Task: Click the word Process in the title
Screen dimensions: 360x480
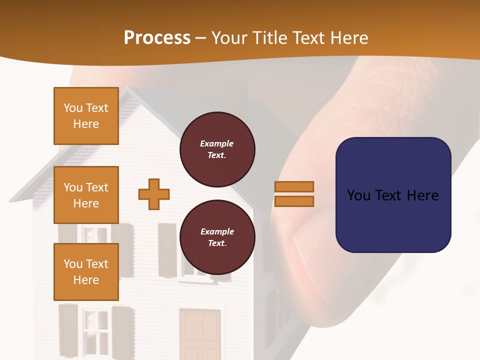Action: tap(157, 37)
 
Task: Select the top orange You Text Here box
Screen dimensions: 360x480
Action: tap(86, 116)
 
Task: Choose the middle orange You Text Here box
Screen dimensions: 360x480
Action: tap(86, 195)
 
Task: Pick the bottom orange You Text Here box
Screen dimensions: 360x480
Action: tap(86, 272)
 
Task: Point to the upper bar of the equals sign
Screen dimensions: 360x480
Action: tap(294, 186)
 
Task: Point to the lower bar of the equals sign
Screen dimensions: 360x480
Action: tap(294, 201)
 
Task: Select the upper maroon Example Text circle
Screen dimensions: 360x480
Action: tap(217, 149)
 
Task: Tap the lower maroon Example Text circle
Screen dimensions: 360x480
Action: tap(217, 237)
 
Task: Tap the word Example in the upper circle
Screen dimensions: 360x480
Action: tap(217, 143)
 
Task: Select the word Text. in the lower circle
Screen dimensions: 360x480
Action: tap(217, 243)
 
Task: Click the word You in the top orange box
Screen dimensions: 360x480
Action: tap(72, 108)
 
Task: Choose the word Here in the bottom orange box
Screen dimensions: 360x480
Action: tap(86, 280)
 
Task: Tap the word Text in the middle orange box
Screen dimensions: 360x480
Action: tap(96, 187)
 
